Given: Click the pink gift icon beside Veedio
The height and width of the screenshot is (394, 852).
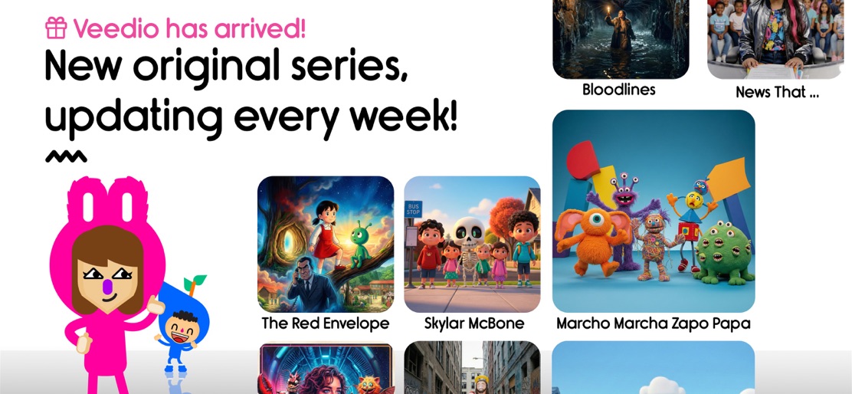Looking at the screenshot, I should click(x=56, y=28).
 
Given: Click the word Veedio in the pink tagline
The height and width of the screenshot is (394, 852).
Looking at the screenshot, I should click(x=116, y=28).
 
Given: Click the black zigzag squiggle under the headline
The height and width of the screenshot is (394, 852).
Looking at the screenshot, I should click(x=66, y=157).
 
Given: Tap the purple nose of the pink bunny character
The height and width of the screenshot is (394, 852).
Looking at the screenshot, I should click(x=107, y=286).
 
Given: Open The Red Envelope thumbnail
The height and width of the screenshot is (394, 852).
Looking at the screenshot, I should click(x=325, y=244).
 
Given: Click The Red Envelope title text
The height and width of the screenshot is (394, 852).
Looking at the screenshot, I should click(x=325, y=323).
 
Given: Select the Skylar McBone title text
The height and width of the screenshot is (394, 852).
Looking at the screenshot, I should click(x=474, y=323).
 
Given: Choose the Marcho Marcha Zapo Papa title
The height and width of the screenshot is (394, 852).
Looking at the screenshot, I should click(x=653, y=323).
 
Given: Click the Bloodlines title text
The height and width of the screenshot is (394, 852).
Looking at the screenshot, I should click(x=618, y=90).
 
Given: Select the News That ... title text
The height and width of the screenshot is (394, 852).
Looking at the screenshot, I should click(x=777, y=92).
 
